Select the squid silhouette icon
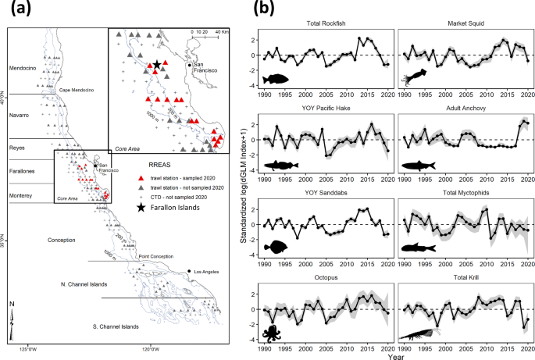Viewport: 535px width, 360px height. click(413, 77)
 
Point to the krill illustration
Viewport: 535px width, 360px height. click(424, 335)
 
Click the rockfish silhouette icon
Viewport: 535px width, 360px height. click(277, 79)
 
